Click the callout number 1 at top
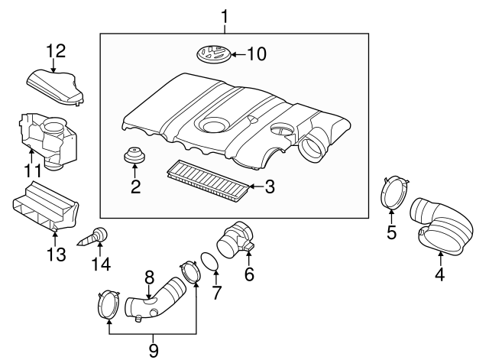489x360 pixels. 225,15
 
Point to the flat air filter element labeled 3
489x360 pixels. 207,178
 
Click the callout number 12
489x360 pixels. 55,51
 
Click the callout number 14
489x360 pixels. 100,264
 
